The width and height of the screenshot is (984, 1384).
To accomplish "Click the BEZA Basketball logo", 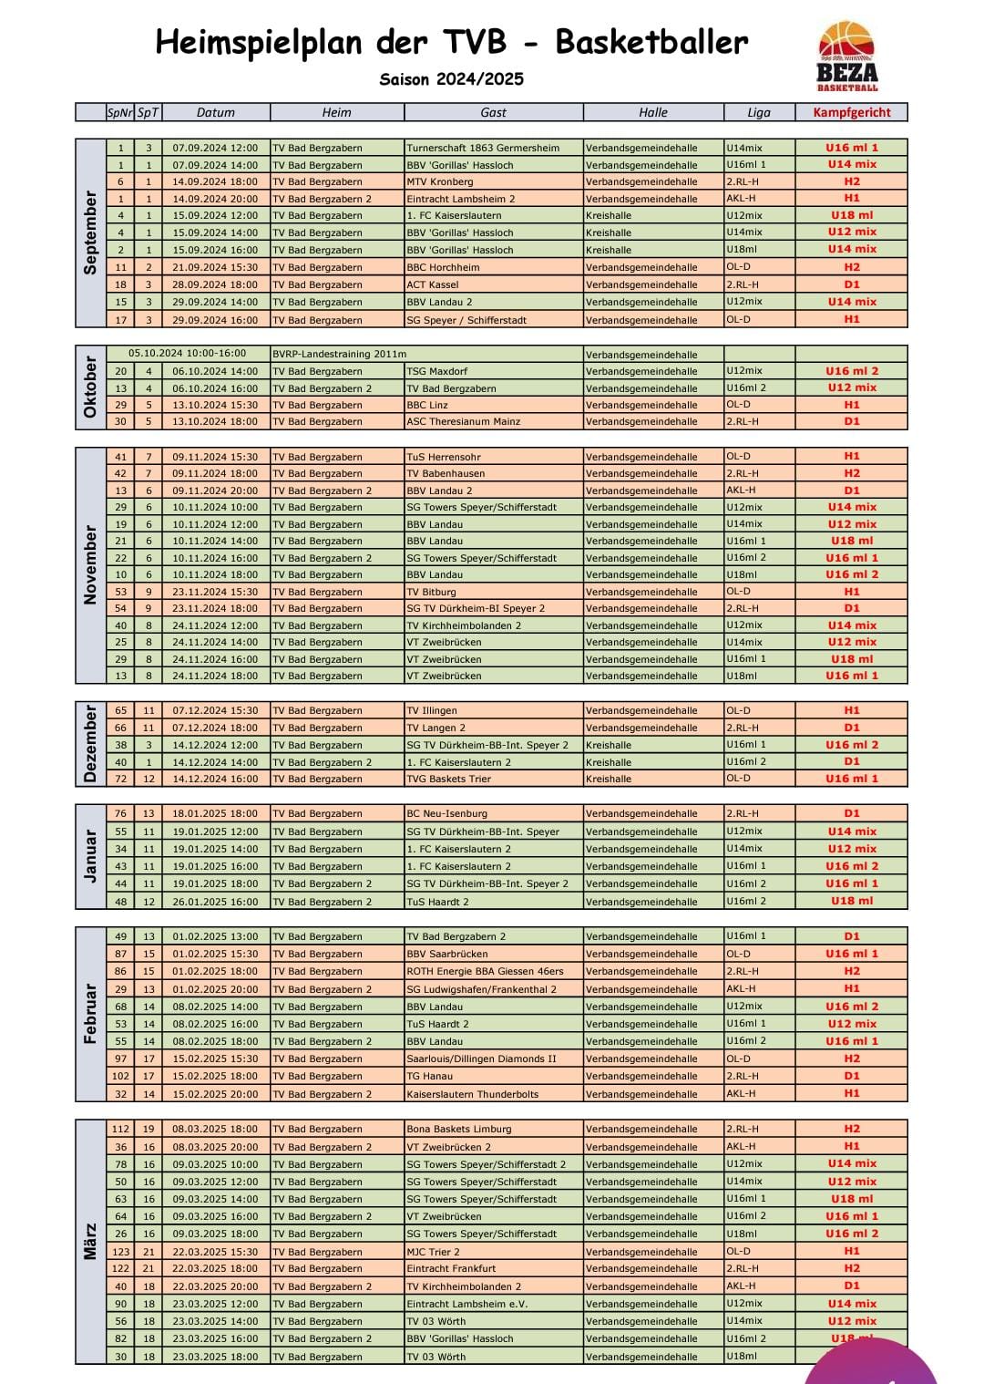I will coord(847,57).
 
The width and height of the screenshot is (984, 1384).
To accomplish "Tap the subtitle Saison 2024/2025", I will coord(452,79).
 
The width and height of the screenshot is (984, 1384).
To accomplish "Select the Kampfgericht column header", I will coord(851,112).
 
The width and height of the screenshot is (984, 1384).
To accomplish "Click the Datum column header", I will coord(216,112).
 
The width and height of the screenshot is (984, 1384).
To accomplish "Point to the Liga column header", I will coord(759,112).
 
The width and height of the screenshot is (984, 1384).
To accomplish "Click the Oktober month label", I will coord(90,387).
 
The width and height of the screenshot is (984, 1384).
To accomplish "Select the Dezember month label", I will coord(90,744).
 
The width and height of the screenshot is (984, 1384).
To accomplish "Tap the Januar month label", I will coord(90,856).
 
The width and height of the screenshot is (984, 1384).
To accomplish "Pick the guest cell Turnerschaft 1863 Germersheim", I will coord(483,148).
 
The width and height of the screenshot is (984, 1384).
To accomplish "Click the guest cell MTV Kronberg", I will coord(440,181).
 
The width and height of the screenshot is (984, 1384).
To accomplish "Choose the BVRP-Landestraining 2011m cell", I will coord(340,354).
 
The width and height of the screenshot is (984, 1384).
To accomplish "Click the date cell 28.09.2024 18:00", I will coord(216,284).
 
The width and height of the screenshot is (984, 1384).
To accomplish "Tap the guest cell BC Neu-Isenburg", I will coord(446,813).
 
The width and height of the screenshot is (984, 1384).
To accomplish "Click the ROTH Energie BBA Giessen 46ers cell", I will coord(485,971).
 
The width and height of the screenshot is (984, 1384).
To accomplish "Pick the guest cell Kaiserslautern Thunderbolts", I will coord(472,1094).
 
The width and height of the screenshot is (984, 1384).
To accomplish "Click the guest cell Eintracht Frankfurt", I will coord(451,1268).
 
